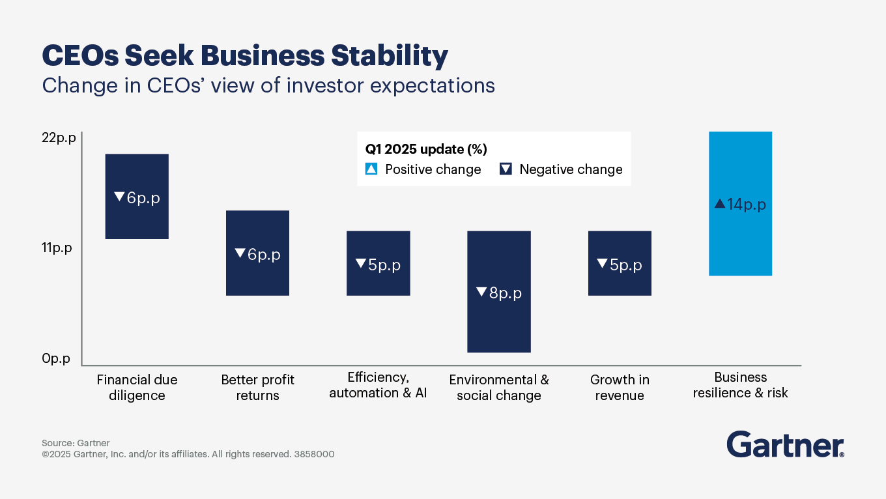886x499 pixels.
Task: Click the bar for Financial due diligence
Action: tap(137, 196)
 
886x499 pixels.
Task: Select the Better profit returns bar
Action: tap(257, 253)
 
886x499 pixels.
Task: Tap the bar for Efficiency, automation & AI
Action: tap(378, 263)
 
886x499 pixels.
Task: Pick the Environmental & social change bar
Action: tap(499, 292)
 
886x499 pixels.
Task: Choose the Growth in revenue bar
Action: tap(620, 263)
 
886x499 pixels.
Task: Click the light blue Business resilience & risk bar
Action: tap(740, 203)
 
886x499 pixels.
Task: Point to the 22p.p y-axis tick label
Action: tap(59, 138)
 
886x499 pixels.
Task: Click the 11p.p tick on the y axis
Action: tap(57, 248)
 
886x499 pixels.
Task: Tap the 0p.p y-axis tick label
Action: tap(56, 358)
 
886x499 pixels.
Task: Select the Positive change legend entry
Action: tap(423, 169)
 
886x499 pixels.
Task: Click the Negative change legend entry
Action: tap(562, 169)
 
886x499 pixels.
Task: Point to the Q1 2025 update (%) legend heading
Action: tap(426, 149)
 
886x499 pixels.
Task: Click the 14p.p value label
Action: tap(741, 205)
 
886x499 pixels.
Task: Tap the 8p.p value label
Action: tap(500, 293)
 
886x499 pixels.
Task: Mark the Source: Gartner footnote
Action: tap(76, 443)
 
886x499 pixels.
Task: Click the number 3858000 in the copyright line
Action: tap(314, 454)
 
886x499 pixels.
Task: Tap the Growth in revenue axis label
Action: tap(620, 388)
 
